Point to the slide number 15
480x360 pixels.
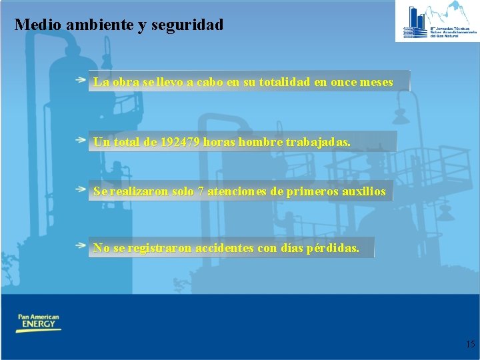(x=470, y=344)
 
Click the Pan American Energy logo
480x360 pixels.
(x=38, y=323)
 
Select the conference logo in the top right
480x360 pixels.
(x=437, y=21)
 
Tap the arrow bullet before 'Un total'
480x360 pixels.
(x=80, y=140)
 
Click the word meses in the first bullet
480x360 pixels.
(x=376, y=83)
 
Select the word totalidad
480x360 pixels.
(x=275, y=83)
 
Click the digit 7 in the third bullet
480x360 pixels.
(x=201, y=192)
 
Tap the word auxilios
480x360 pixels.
(x=365, y=192)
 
